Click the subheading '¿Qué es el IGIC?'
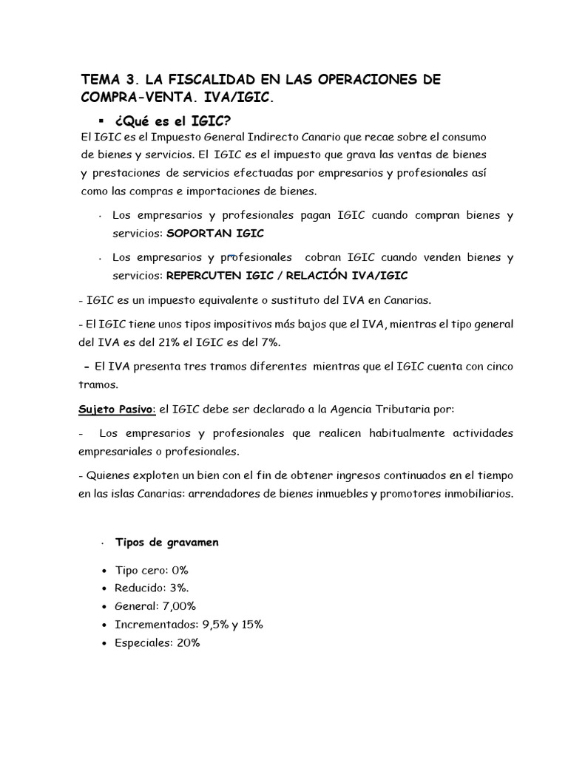coord(177,120)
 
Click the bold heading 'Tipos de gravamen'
coord(166,542)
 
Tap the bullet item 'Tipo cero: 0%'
coord(152,571)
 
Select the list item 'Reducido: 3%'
coord(151,588)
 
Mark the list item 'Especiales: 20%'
coord(157,643)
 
